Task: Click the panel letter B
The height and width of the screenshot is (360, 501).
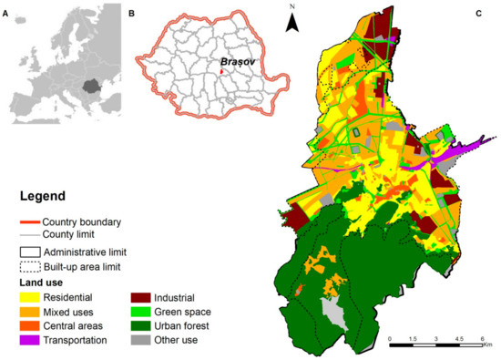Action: pos(131,15)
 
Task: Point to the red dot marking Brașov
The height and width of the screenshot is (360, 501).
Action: pos(220,71)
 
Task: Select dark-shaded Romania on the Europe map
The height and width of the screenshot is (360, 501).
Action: pos(90,86)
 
